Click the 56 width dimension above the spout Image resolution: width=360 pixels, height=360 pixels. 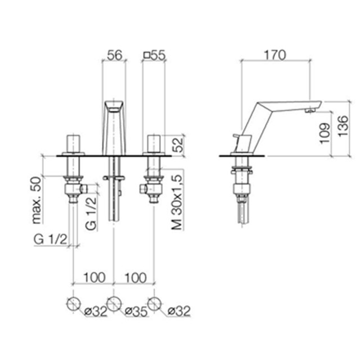click(x=115, y=55)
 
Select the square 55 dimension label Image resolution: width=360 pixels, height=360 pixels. click(x=154, y=55)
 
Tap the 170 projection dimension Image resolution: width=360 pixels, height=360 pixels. click(x=275, y=55)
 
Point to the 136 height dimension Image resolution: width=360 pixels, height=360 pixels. click(x=344, y=126)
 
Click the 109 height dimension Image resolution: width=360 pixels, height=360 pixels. click(x=325, y=133)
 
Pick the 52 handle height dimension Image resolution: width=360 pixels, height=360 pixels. click(x=178, y=145)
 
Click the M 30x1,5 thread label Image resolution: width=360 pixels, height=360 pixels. click(x=177, y=202)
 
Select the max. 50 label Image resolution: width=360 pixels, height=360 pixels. click(x=37, y=200)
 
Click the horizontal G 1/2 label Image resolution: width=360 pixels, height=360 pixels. click(x=51, y=240)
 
